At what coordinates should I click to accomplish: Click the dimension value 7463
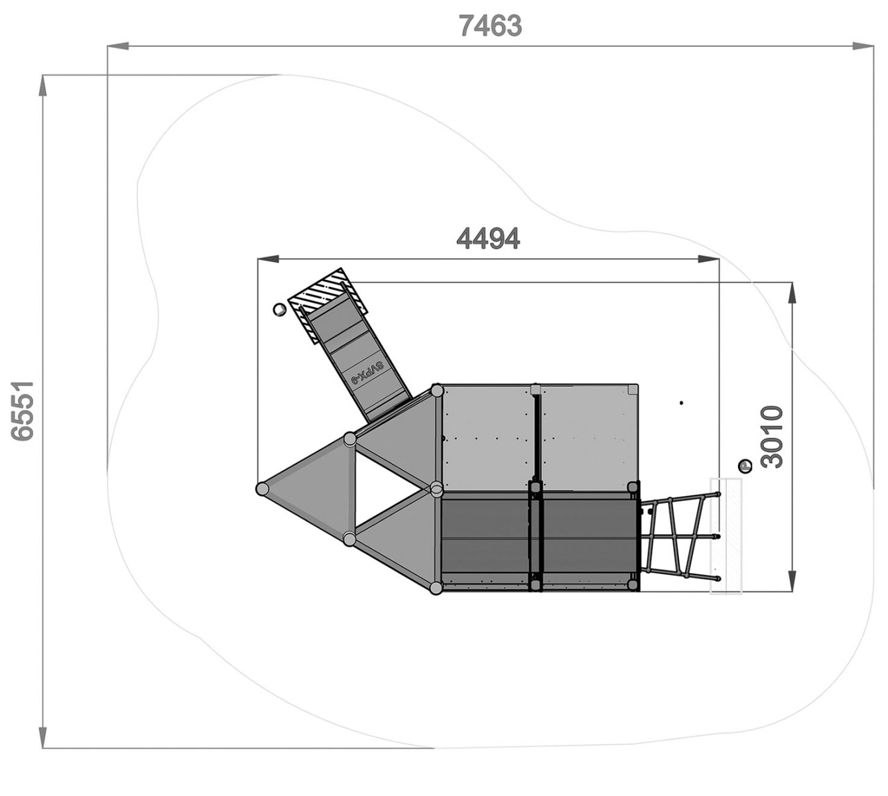click(x=490, y=25)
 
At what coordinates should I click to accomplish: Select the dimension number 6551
click(x=23, y=411)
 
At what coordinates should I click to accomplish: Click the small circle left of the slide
click(x=278, y=310)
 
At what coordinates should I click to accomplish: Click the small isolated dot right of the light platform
click(x=681, y=403)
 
